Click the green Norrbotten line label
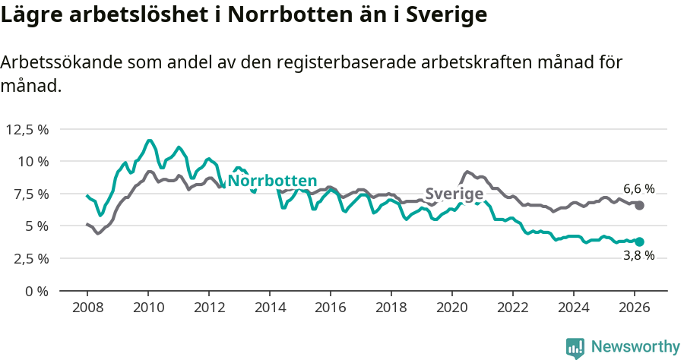(x=272, y=181)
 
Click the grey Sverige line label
(x=454, y=194)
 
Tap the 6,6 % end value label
(x=638, y=189)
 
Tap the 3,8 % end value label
(x=638, y=256)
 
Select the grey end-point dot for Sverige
(x=640, y=206)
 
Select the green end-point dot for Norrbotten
(x=640, y=242)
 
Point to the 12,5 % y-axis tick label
(x=27, y=129)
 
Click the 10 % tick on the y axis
(x=33, y=162)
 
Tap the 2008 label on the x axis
(x=87, y=308)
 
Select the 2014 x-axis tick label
(x=270, y=308)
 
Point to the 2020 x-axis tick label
(x=452, y=308)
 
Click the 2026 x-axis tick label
(x=635, y=308)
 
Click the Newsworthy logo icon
(x=575, y=348)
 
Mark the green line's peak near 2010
(x=149, y=141)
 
